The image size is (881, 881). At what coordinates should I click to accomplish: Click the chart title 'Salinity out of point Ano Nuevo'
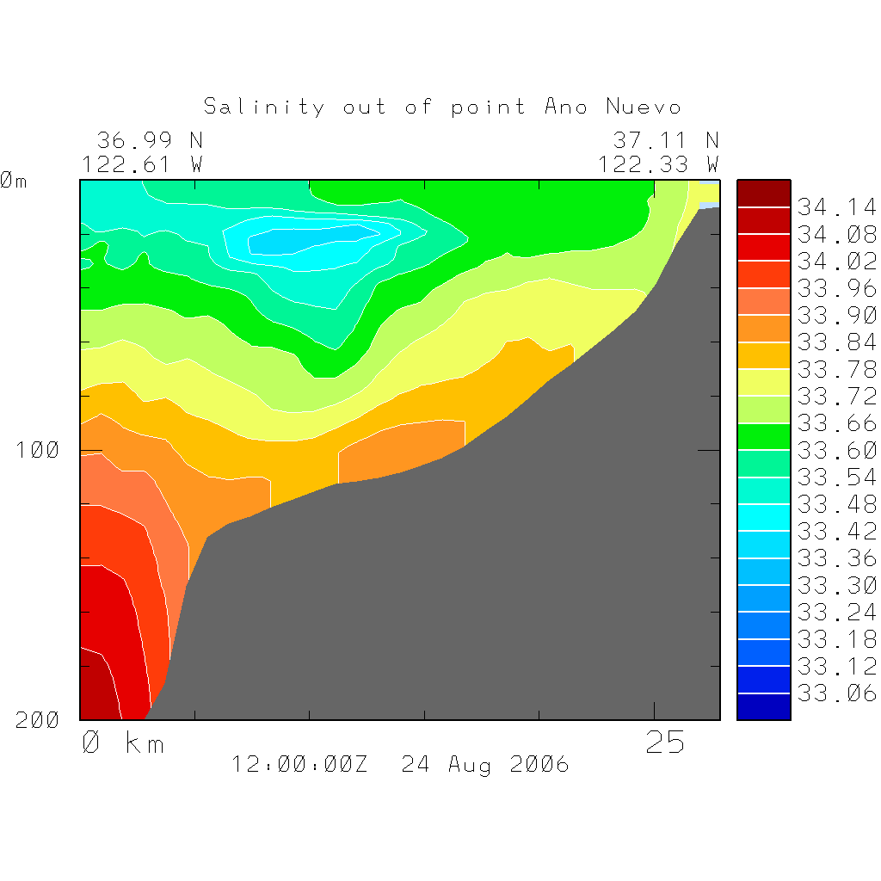pyautogui.click(x=442, y=107)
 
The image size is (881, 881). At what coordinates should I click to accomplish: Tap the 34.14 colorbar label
pyautogui.click(x=836, y=207)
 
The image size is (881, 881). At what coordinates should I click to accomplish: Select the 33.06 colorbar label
pyautogui.click(x=836, y=693)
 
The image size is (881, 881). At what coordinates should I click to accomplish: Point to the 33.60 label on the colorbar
pyautogui.click(x=836, y=450)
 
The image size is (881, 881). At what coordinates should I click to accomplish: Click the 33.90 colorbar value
pyautogui.click(x=836, y=315)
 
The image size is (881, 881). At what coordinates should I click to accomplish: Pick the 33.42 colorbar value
pyautogui.click(x=836, y=531)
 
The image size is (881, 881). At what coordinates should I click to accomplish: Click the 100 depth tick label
pyautogui.click(x=39, y=450)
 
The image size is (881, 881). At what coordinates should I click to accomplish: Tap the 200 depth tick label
pyautogui.click(x=39, y=721)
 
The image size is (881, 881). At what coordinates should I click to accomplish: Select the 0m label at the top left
pyautogui.click(x=14, y=181)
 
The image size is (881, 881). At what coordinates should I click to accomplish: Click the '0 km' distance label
pyautogui.click(x=122, y=742)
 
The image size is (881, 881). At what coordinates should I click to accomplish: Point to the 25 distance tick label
pyautogui.click(x=665, y=742)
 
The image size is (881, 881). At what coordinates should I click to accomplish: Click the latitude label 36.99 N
pyautogui.click(x=149, y=140)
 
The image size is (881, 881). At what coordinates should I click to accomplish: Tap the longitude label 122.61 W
pyautogui.click(x=142, y=163)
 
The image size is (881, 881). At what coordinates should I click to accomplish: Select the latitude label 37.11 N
pyautogui.click(x=665, y=140)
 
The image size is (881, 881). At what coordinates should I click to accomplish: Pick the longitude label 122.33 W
pyautogui.click(x=658, y=163)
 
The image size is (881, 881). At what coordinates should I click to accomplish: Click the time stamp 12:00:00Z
pyautogui.click(x=299, y=764)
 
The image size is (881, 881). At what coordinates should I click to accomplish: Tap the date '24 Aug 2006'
pyautogui.click(x=485, y=764)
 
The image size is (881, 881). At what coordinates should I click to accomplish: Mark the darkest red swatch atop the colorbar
pyautogui.click(x=763, y=194)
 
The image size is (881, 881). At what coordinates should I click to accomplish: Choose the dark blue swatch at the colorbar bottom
pyautogui.click(x=763, y=706)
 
